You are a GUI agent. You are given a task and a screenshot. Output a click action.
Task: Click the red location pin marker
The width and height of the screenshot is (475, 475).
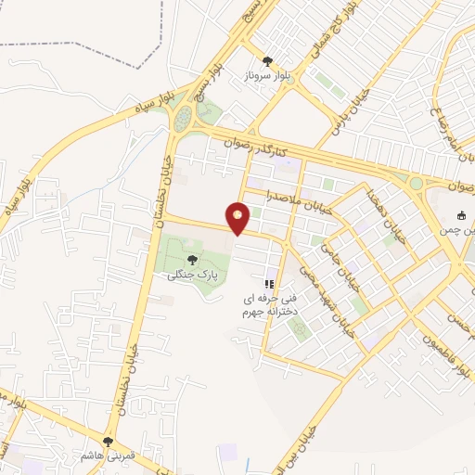coord(238,218)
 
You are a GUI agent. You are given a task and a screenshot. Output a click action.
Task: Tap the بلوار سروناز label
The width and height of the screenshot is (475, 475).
coord(267,76)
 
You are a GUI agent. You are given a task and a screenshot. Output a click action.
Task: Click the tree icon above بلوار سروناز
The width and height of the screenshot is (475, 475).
coord(268,60)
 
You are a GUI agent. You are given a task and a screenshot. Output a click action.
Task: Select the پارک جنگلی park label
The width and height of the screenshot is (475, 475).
coord(187,276)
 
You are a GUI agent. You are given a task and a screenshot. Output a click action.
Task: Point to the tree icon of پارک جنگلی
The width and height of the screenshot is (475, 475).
coord(192,260)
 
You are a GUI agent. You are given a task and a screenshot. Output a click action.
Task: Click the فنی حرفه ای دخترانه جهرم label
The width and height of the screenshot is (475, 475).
coord(269,306)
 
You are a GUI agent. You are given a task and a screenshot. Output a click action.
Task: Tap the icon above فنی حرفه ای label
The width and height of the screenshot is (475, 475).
coord(269,284)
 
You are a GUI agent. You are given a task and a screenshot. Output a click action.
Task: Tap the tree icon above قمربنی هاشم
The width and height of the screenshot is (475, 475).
coord(109,441)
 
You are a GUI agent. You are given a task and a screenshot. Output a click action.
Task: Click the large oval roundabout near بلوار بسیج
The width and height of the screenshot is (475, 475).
coord(183,117)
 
